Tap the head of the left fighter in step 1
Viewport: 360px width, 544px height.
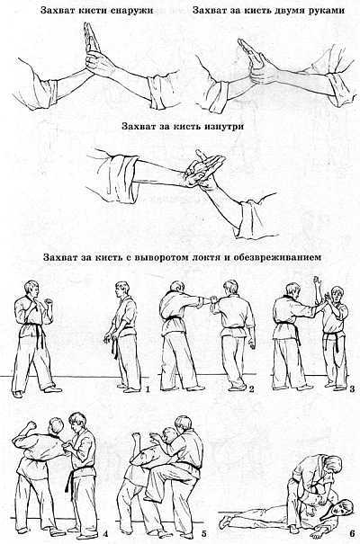[30, 291]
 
